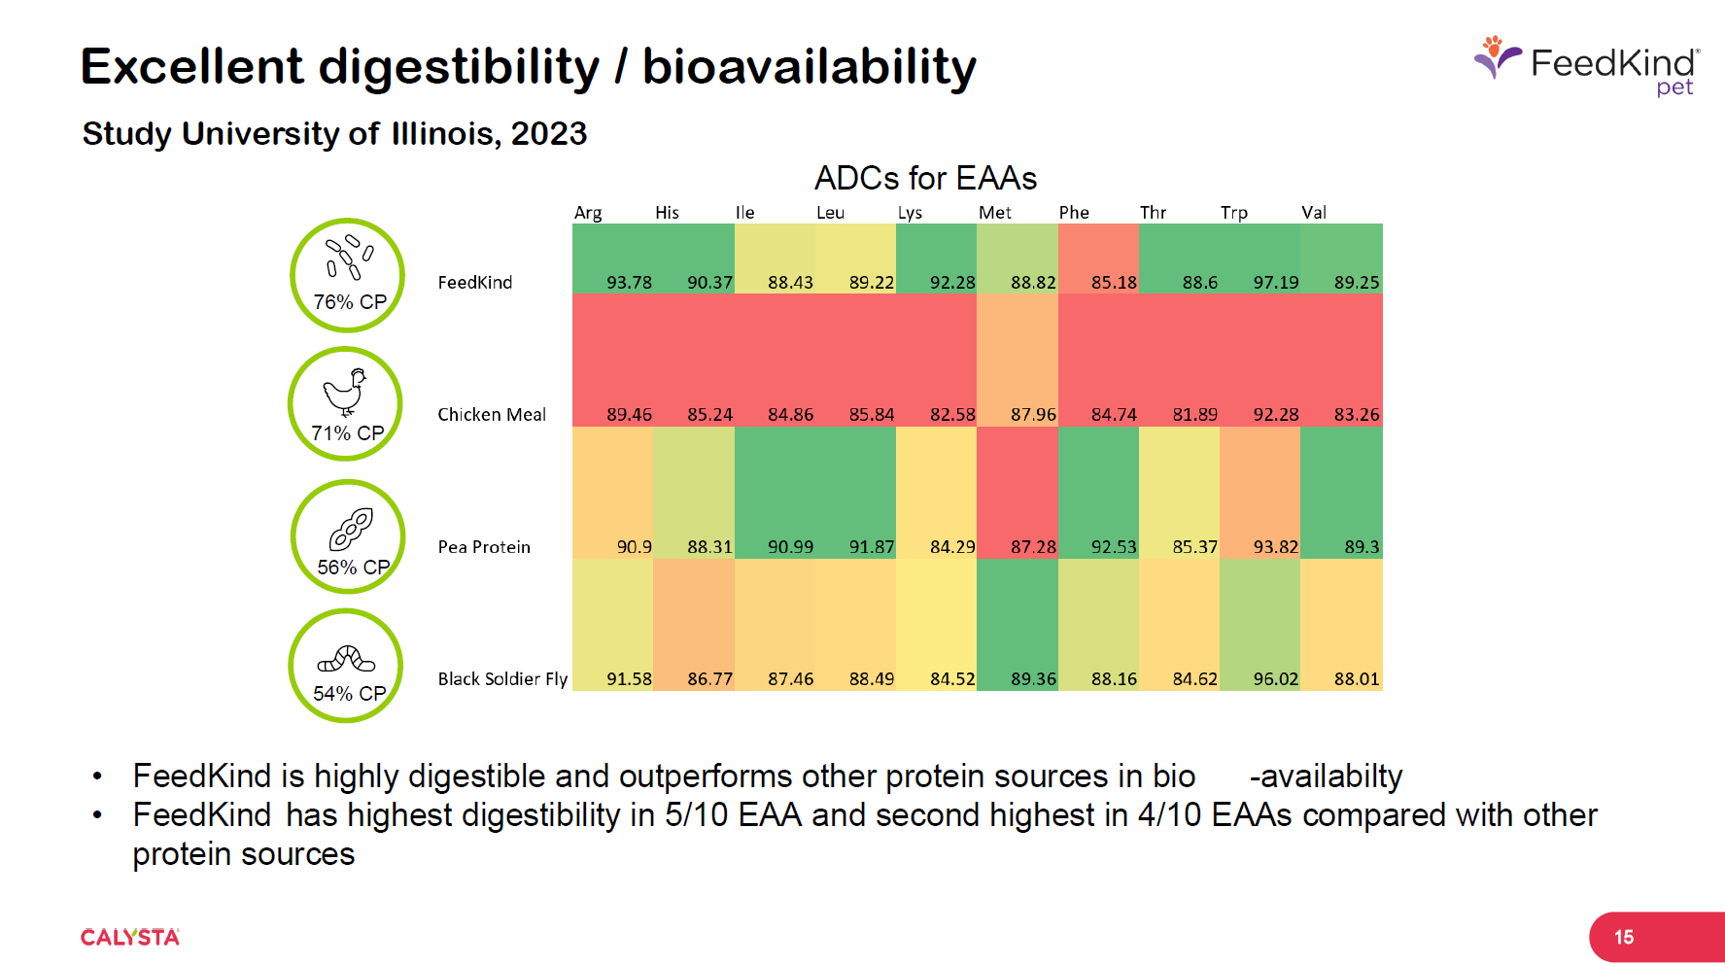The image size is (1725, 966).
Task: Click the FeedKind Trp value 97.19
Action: (1275, 283)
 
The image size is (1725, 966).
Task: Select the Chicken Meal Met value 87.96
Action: (1033, 415)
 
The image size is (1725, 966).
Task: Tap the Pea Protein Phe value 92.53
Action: (1114, 547)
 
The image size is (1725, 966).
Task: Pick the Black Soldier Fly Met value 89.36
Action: (1033, 679)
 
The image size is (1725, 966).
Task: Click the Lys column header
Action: (910, 213)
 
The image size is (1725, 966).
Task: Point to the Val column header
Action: (1314, 213)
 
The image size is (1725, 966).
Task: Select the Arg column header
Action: (588, 213)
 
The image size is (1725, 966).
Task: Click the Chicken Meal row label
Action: (492, 415)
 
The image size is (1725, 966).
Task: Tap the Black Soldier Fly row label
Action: (502, 679)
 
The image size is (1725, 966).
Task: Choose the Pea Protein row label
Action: (484, 547)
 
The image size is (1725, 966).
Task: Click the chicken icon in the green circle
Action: (345, 392)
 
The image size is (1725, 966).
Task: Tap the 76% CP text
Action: (350, 302)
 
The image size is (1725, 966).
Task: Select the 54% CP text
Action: (349, 694)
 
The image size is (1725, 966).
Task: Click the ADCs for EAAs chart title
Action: (925, 179)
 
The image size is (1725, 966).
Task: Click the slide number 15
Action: (1624, 938)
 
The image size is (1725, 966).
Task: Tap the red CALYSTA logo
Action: (130, 938)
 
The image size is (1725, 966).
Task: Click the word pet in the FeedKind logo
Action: (1674, 88)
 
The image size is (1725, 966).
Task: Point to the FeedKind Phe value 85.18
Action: (1114, 283)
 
